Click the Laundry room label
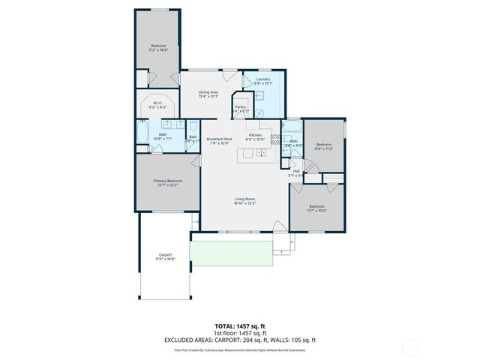(263, 80)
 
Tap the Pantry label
(241, 109)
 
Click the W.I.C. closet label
(158, 105)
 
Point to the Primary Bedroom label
(168, 182)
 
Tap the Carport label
(165, 256)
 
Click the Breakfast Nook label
(220, 140)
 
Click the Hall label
(296, 173)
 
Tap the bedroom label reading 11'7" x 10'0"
(316, 208)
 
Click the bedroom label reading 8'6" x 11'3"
(324, 145)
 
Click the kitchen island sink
(260, 153)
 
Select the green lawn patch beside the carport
(229, 253)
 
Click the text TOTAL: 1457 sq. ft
(240, 327)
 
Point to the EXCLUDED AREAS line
(240, 340)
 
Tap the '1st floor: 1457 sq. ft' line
(240, 334)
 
